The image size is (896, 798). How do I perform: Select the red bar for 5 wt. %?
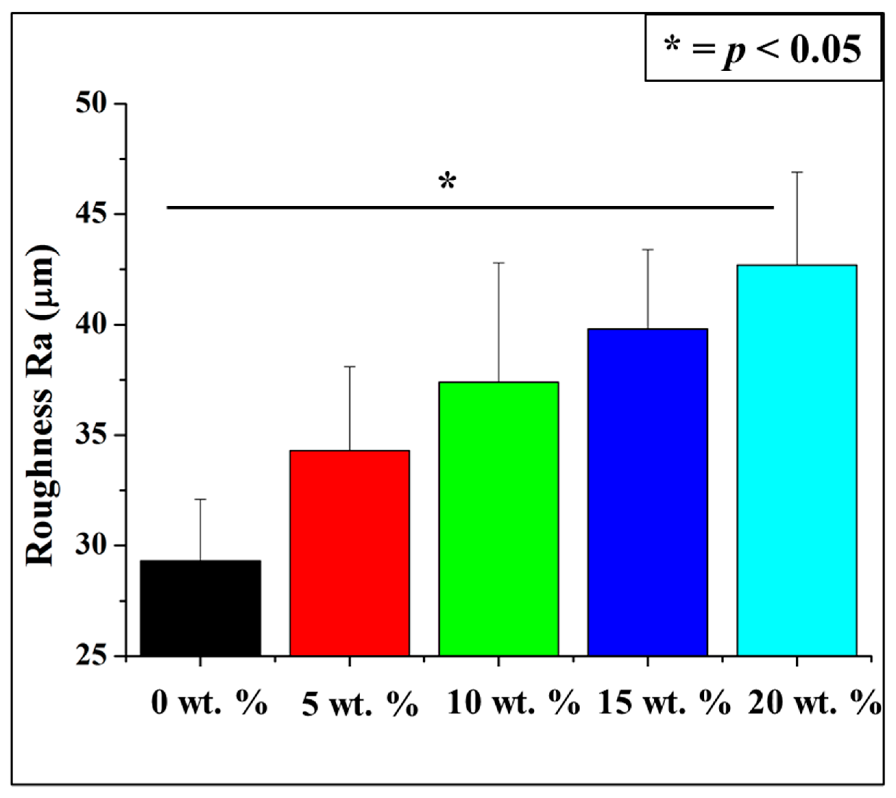pyautogui.click(x=349, y=553)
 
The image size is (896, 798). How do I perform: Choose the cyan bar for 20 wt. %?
pyautogui.click(x=797, y=460)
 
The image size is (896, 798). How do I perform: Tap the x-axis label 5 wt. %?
pyautogui.click(x=360, y=706)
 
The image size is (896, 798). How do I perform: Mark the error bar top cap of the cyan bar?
pyautogui.click(x=797, y=172)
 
